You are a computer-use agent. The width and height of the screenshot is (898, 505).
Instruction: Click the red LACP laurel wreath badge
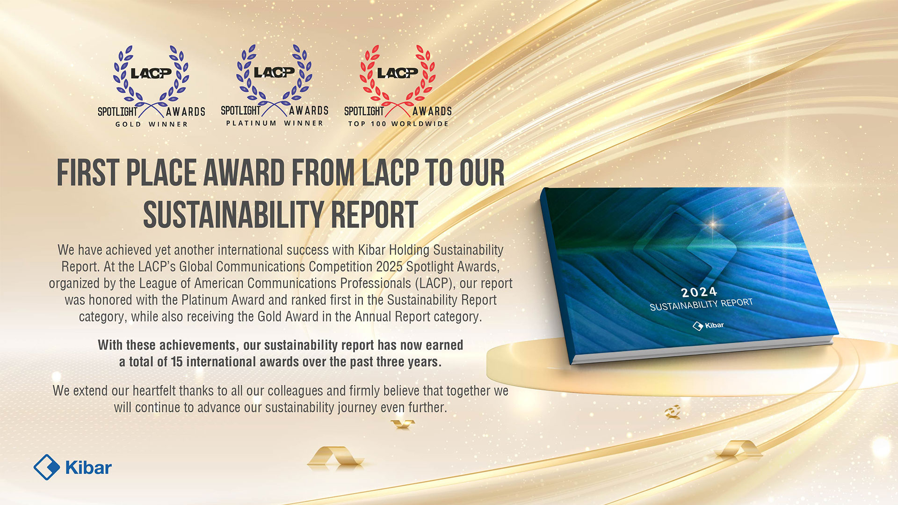tap(398, 86)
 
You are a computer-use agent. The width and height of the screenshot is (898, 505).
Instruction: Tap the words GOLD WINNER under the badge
tap(152, 124)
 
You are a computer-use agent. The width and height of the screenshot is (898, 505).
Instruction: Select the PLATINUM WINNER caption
tap(275, 123)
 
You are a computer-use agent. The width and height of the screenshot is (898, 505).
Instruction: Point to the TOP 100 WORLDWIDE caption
tap(398, 124)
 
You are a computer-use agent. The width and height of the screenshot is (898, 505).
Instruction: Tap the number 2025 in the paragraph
tap(389, 267)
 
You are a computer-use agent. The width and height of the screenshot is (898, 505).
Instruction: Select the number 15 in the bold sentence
tap(177, 362)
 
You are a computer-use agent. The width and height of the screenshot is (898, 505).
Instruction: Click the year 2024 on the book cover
tap(699, 292)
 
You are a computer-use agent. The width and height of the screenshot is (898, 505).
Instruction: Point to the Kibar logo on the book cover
tap(708, 325)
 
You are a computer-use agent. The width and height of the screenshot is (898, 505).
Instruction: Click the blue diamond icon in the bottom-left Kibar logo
tap(47, 467)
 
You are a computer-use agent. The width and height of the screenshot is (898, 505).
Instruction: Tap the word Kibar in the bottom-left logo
tap(88, 468)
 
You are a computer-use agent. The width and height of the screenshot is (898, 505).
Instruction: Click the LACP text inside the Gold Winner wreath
tap(151, 73)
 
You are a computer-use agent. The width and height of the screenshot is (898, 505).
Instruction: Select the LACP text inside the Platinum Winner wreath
tap(274, 72)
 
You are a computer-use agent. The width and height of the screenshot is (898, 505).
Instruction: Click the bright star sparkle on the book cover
tap(713, 224)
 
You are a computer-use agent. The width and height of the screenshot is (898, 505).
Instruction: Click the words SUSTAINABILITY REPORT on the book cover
tap(701, 304)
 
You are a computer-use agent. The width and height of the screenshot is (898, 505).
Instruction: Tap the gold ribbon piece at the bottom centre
tap(335, 456)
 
